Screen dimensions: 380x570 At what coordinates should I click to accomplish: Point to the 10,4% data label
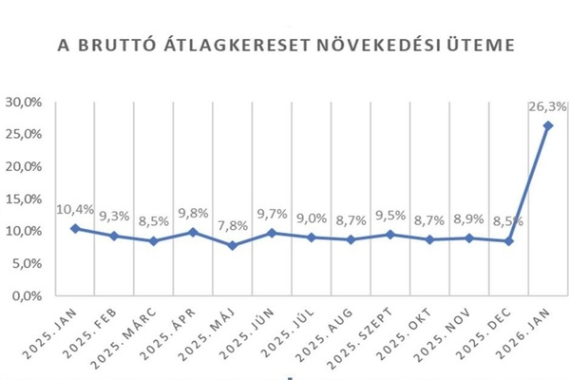click(75, 208)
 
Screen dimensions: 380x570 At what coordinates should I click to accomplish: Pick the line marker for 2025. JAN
click(75, 228)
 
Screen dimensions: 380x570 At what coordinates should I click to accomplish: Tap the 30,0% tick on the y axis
click(24, 102)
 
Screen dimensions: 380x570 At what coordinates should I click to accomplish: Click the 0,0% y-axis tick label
click(27, 295)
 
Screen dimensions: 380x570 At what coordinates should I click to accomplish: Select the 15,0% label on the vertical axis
click(24, 199)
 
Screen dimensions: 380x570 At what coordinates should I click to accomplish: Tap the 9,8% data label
click(194, 212)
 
